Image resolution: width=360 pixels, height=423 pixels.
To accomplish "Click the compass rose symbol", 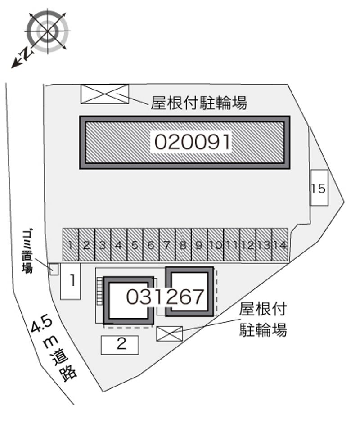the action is coord(48,31).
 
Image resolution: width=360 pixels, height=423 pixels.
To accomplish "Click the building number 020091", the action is coord(193,142).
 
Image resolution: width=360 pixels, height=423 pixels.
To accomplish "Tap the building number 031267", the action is coord(165,297).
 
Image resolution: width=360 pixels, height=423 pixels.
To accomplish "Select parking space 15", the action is coord(319,188).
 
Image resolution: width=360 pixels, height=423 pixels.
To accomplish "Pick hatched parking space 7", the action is coord(167,245).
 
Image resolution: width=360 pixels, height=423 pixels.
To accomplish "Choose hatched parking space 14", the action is coord(280,245).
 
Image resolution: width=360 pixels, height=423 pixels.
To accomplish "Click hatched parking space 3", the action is coord(103,245).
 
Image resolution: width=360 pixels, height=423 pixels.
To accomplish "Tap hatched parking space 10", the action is coord(216,245).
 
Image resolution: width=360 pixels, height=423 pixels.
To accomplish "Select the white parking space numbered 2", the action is coord(120,345).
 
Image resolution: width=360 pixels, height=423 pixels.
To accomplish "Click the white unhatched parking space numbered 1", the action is coord(71,281).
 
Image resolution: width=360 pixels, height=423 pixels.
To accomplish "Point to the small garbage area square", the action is coord(54,269).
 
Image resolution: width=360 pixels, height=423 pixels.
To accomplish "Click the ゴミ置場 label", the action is coord(27,251).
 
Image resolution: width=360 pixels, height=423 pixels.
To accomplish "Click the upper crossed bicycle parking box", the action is coord(105,94).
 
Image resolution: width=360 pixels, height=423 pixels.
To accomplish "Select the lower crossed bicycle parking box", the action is coord(170,333).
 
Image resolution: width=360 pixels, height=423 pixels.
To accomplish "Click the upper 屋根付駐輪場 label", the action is coord(199,103).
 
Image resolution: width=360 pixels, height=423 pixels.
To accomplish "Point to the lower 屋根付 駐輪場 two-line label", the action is coord(263,319).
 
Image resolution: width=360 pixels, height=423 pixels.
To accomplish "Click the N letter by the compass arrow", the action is coord(26,53).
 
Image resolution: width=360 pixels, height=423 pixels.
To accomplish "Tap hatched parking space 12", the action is coord(248,245).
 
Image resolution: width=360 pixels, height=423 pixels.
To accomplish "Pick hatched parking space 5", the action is coord(135,245).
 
